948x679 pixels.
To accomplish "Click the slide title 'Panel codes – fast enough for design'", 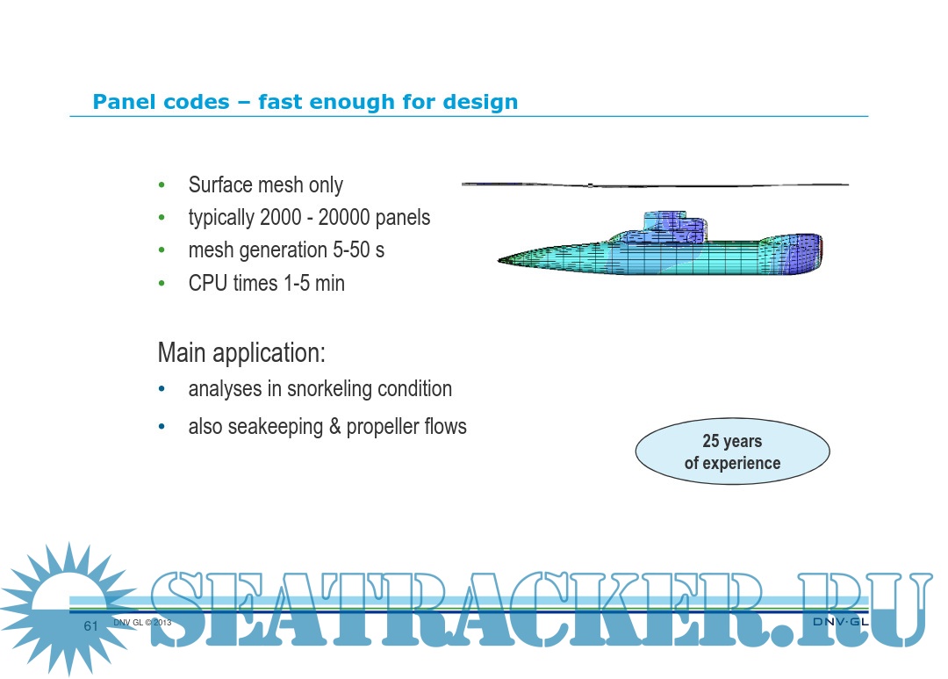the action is pos(305,102).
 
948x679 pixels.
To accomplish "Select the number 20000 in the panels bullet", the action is pos(344,217).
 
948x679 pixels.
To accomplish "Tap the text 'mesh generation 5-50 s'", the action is pos(286,250).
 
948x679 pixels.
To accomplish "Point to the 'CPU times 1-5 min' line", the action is pos(267,283).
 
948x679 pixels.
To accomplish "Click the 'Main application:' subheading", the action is pos(241,352).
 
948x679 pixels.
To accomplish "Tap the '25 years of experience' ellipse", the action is pos(732,451).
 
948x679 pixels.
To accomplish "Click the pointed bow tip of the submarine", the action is pos(499,260).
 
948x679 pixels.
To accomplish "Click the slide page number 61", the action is pos(90,625).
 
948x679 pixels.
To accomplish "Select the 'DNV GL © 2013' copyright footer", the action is pos(142,622).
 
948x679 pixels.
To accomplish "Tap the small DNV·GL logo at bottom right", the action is pos(840,622).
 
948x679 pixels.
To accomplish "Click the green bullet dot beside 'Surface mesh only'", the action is pos(162,184).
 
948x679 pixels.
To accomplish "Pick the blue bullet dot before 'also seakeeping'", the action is pos(162,427).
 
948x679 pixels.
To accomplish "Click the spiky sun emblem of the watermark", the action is pos(68,608).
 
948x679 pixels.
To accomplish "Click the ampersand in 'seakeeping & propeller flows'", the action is pos(334,427).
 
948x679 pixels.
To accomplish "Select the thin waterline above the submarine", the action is pos(655,184).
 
